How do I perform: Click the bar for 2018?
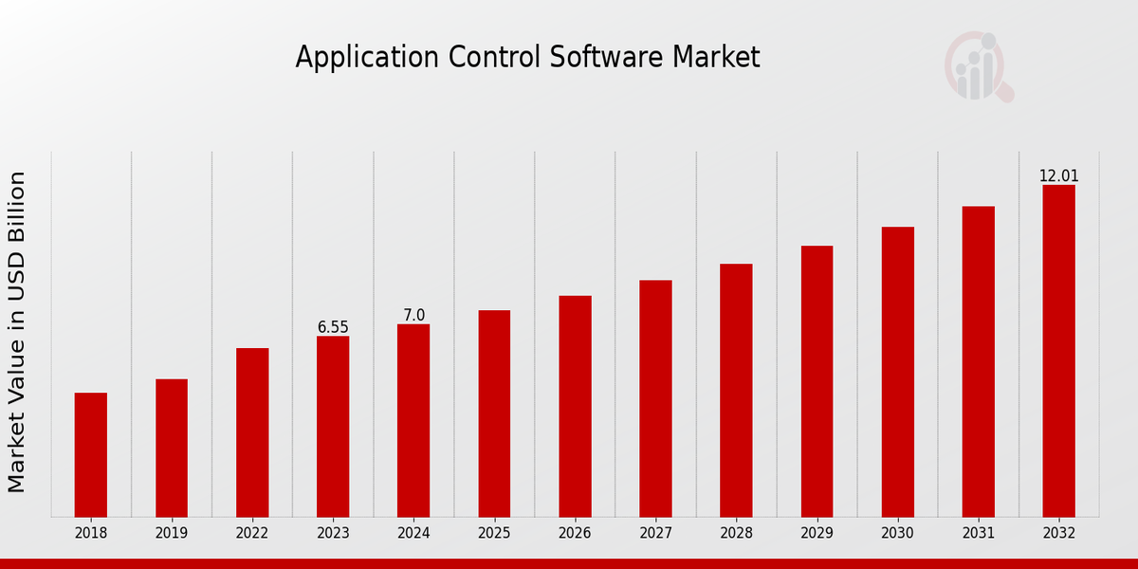coord(91,454)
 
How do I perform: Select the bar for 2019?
coord(172,448)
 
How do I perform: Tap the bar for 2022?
coord(252,432)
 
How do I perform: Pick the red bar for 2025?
coord(494,413)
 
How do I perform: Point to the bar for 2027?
coord(655,398)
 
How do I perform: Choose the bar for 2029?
coord(817,381)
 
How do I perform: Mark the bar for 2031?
coord(978,361)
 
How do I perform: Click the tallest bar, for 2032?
coord(1058,351)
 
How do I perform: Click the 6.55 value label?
coord(333,327)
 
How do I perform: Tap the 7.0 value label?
coord(413,315)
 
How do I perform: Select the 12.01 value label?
coord(1058,176)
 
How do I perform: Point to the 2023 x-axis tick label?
coord(333,534)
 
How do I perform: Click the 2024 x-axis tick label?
coord(413,534)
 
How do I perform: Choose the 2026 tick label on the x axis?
coord(575,534)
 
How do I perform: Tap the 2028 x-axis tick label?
coord(736,534)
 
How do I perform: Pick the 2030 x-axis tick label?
coord(897,534)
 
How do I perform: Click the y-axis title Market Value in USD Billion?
coord(17,332)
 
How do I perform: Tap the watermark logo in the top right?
coord(978,66)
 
